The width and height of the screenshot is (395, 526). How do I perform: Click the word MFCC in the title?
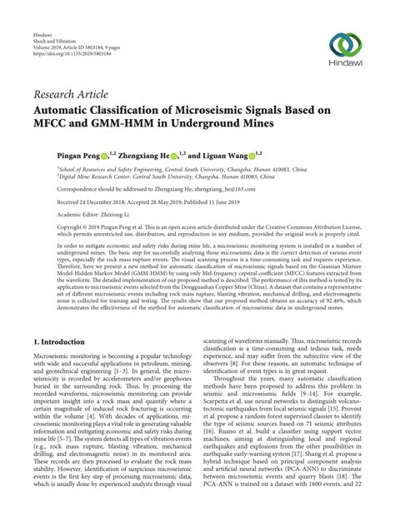click(55, 126)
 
